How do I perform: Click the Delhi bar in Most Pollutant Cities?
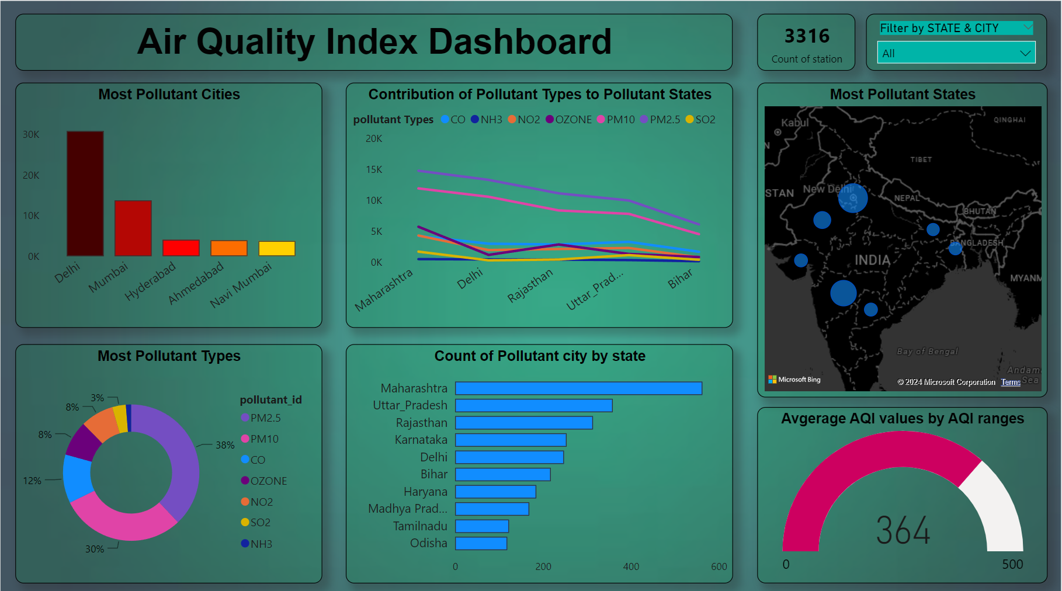coord(85,193)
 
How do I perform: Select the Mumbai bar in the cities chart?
coord(133,228)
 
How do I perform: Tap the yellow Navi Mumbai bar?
coord(277,248)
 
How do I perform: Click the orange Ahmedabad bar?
coord(229,248)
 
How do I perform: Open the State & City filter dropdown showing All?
coord(956,53)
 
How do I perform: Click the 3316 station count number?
coord(807,36)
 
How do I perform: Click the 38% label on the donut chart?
coord(225,445)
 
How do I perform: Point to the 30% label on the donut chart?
coord(95,549)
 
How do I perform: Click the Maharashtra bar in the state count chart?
coord(578,388)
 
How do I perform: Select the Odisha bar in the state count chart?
coord(481,543)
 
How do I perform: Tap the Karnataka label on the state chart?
coord(421,440)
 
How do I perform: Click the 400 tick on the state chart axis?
coord(631,566)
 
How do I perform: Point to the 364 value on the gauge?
coord(903,530)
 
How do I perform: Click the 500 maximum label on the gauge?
coord(1012,564)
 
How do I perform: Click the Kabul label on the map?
coord(795,123)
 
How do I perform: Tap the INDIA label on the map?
coord(872,260)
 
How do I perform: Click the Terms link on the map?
coord(1011,382)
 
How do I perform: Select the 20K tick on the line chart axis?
coord(374,138)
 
